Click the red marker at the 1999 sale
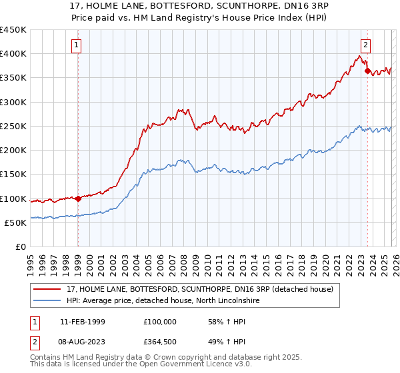[78, 198]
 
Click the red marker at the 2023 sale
[367, 71]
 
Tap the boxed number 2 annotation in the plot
[366, 45]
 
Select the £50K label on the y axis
[15, 222]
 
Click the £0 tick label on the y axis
[20, 246]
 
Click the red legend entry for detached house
[200, 289]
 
